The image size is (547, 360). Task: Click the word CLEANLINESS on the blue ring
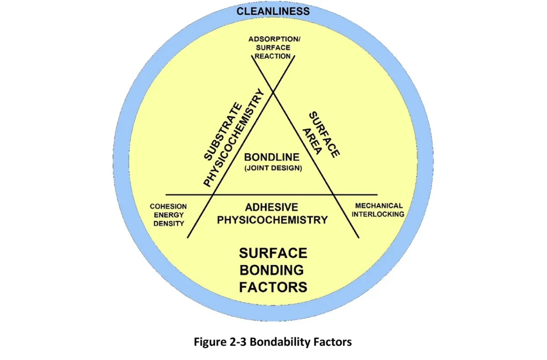(273, 11)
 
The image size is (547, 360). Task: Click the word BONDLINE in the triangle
(272, 157)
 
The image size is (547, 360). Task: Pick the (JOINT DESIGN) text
(272, 168)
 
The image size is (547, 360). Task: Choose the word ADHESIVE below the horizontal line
(272, 207)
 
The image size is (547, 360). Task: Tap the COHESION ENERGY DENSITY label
(168, 215)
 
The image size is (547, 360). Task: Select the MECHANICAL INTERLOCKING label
(379, 210)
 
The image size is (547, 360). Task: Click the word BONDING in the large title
(272, 270)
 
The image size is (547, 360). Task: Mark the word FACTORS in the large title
(273, 287)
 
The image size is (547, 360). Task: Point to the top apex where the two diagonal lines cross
(273, 93)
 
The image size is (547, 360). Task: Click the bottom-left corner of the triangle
(214, 195)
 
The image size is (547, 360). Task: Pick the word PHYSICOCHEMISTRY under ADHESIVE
(272, 220)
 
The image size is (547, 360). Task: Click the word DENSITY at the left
(168, 223)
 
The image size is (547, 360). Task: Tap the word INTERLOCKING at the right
(379, 214)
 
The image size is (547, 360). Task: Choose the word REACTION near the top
(273, 56)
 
